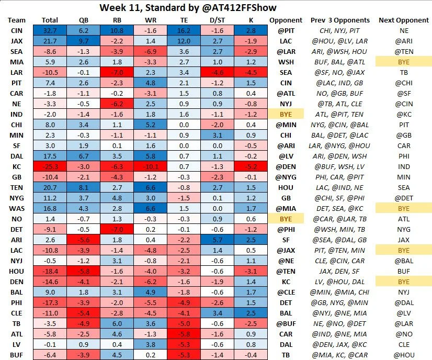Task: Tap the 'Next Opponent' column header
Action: [403, 20]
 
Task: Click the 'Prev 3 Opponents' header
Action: [333, 20]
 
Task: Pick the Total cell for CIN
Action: [50, 31]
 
